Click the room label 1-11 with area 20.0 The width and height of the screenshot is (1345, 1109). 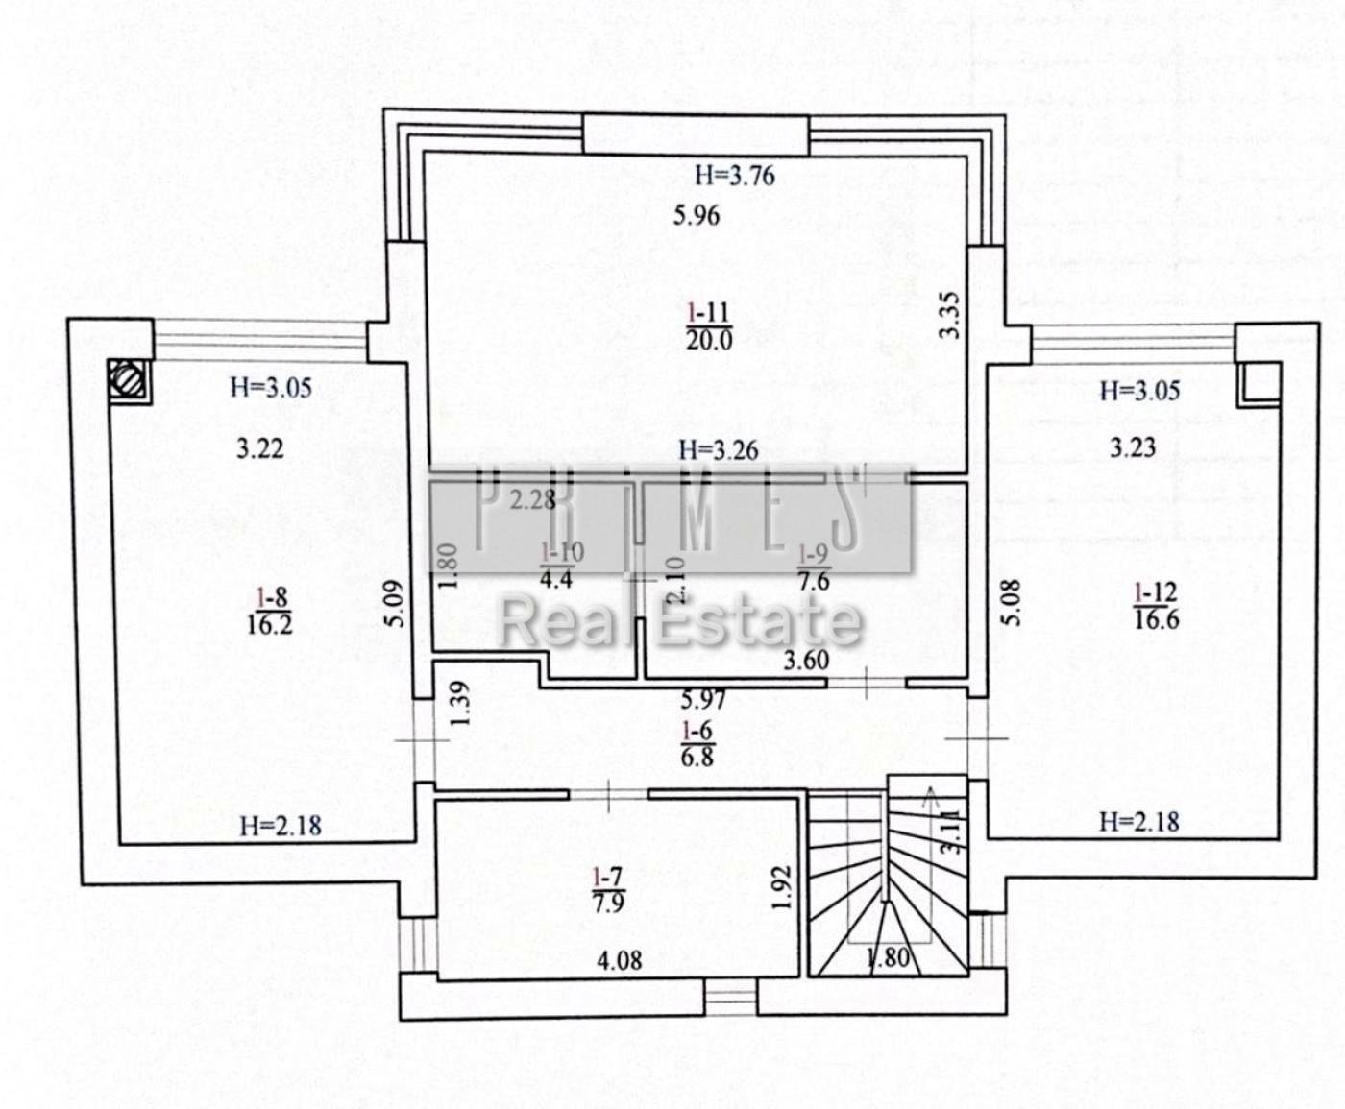click(x=708, y=325)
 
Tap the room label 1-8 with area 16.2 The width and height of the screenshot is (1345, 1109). click(x=268, y=612)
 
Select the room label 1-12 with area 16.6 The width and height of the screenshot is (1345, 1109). click(x=1155, y=606)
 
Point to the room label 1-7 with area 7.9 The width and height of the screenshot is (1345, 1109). click(x=608, y=889)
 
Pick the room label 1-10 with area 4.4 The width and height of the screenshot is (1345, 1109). click(x=556, y=566)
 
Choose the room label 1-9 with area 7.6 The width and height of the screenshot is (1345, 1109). click(x=813, y=567)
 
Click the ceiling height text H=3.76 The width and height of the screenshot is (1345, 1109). click(x=734, y=175)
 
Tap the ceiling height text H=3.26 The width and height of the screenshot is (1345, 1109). click(x=719, y=449)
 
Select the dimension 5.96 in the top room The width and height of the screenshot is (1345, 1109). click(x=696, y=215)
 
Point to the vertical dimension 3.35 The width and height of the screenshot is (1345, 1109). click(x=949, y=315)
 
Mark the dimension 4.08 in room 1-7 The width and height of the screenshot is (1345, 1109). click(x=619, y=959)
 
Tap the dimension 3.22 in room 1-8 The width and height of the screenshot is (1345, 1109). click(x=260, y=447)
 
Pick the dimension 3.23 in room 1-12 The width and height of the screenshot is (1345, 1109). click(x=1132, y=446)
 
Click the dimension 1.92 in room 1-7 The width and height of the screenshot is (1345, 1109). click(x=781, y=888)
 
